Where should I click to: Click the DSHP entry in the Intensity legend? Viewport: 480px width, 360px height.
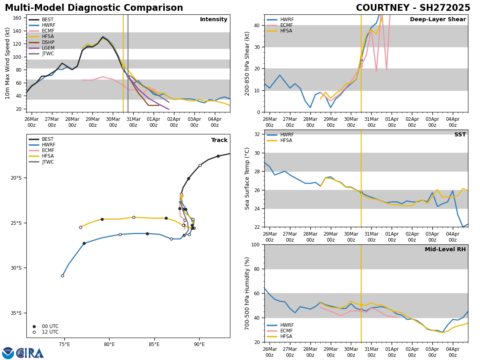48,42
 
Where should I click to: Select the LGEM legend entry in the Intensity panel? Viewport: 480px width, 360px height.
48,48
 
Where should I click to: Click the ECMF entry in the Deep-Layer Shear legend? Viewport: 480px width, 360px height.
286,25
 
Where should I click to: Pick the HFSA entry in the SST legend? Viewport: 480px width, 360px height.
287,140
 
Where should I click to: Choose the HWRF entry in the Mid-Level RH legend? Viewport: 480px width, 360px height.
287,325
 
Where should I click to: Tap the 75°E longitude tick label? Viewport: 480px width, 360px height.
64,344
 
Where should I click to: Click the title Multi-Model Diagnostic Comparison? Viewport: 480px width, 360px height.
94,8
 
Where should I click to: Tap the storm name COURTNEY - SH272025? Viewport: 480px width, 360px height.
413,8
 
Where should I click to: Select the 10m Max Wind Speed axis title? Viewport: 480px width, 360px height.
8,63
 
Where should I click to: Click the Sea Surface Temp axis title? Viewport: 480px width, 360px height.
247,178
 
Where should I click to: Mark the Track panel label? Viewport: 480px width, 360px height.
219,140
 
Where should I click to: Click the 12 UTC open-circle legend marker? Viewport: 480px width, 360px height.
34,332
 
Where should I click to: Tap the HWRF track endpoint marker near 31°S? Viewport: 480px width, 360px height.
62,276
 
